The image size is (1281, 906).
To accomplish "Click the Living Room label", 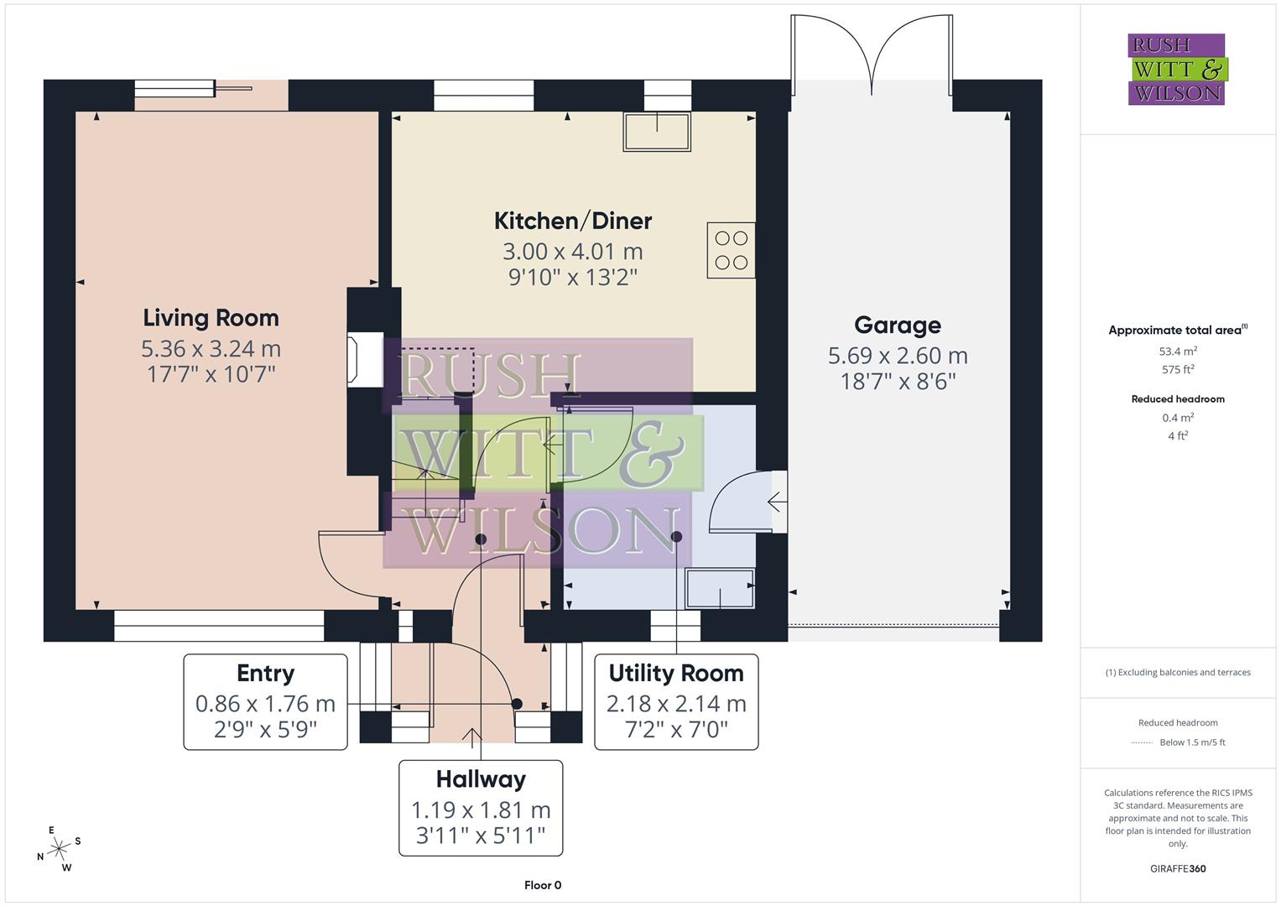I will (x=211, y=318).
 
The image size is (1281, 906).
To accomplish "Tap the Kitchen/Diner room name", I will (x=572, y=221).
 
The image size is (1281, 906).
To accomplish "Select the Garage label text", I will (x=897, y=325).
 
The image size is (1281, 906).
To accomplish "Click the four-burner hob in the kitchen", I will (x=731, y=250).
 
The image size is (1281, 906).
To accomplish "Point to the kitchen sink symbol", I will (x=656, y=132).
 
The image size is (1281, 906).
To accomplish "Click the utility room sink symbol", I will (x=720, y=587).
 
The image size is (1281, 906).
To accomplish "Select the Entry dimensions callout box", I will (x=265, y=702).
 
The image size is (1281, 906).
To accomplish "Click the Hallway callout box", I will (x=480, y=808).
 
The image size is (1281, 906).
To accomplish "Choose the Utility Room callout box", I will (x=676, y=702).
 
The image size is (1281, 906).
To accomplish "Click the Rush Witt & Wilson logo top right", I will (x=1176, y=69).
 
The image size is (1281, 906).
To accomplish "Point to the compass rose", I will (x=59, y=849).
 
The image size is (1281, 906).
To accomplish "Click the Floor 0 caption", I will (x=543, y=885).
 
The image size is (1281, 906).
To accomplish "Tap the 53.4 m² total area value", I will (x=1178, y=351).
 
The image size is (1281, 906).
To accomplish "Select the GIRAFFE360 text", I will (x=1178, y=869).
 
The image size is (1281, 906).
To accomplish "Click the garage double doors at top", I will (x=872, y=50).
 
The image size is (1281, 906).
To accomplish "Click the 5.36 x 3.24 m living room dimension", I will (x=211, y=348).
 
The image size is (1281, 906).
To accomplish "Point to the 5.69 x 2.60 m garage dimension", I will (x=898, y=356).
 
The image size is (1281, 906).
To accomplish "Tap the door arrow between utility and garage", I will (x=777, y=503).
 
